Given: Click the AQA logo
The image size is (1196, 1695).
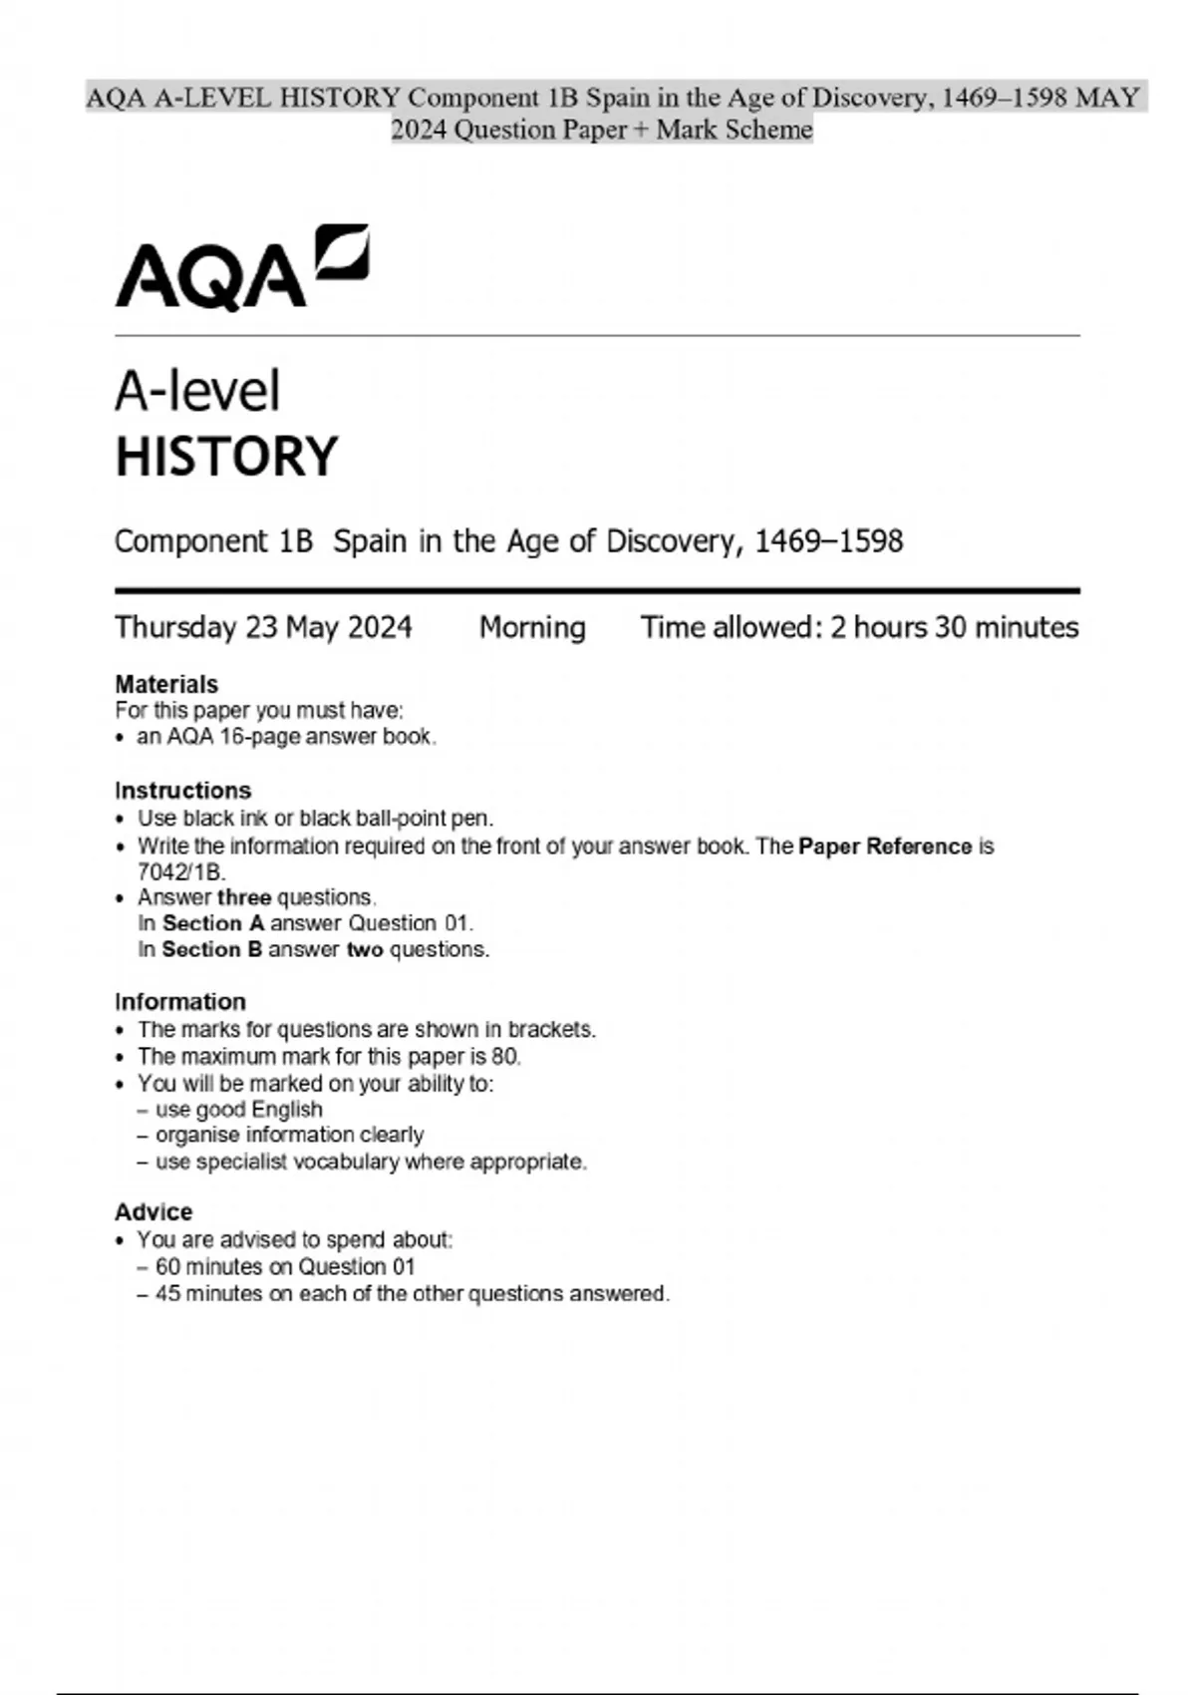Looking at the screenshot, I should [241, 267].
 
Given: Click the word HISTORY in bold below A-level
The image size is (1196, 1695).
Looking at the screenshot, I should [227, 457].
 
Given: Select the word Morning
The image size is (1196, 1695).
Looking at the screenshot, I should [532, 627].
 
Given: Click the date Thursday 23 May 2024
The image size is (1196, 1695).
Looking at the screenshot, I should [263, 627].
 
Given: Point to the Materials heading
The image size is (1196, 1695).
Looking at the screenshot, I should [166, 684].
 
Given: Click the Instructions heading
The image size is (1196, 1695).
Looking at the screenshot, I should [183, 791].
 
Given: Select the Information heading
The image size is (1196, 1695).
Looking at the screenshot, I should [180, 1002].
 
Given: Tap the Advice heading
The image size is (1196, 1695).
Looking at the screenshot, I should [153, 1212].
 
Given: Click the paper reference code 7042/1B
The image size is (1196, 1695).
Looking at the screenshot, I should [180, 871].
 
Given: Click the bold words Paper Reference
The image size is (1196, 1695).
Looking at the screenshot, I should [885, 847].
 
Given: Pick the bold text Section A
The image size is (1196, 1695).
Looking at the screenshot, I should [213, 923].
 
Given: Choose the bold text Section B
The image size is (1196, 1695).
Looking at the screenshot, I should [212, 949].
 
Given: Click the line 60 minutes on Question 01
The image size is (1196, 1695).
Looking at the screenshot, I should [285, 1267].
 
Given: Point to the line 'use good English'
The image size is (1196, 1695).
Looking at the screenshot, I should [239, 1110].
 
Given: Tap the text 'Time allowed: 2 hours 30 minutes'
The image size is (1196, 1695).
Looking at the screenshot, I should [859, 627].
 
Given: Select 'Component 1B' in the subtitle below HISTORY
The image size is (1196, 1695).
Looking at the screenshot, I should [213, 541].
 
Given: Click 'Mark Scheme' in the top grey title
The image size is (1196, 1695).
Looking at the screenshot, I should [735, 130].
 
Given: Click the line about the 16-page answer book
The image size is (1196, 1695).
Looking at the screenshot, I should [286, 737].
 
